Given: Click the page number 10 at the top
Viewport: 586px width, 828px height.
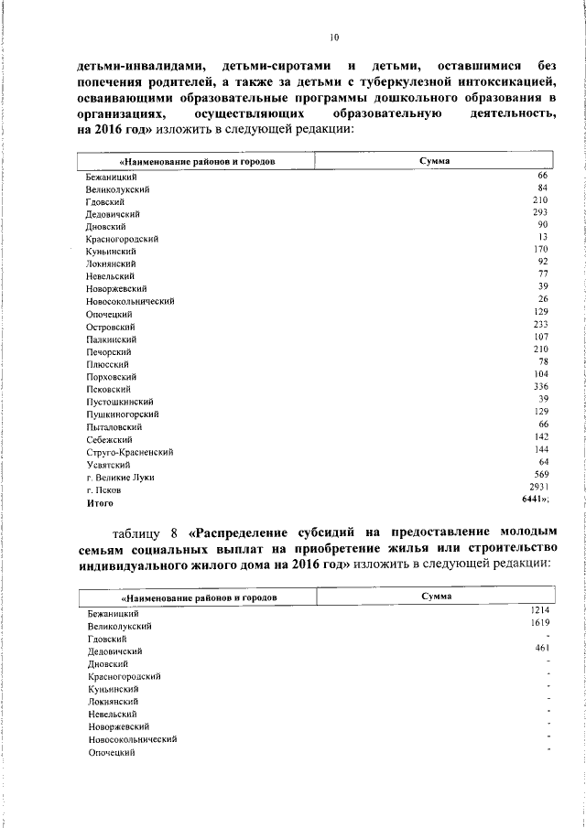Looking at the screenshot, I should coord(333,38).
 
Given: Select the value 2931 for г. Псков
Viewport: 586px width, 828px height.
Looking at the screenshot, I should coord(539,488).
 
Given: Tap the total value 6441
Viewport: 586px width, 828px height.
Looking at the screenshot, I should coord(537,500).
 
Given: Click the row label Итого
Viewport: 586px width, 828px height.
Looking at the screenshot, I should coord(99,502).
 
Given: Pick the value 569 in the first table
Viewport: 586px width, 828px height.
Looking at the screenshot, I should coord(541,475).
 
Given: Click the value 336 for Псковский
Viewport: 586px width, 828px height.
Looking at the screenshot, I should coord(540,387).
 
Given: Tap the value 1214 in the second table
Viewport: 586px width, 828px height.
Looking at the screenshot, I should coord(538,609).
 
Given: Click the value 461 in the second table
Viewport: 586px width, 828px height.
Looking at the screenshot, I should coord(540,647).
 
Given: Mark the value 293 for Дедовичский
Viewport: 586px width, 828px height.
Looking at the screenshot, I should coord(540,212).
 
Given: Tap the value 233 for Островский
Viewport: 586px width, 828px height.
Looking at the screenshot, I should coord(540,325).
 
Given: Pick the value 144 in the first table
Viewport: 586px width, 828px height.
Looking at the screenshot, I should coord(540,450).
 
